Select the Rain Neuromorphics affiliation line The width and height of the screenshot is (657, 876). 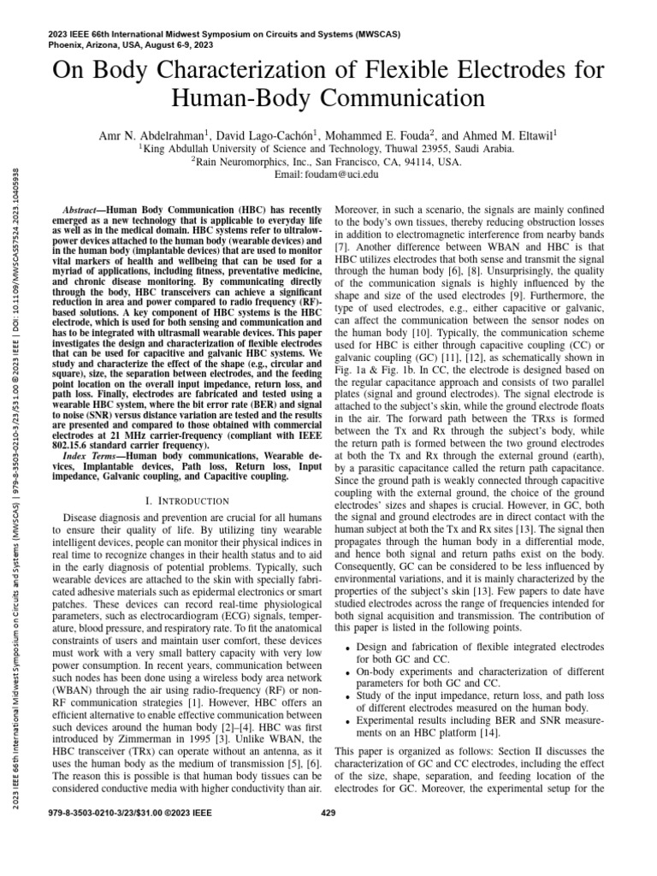(x=328, y=161)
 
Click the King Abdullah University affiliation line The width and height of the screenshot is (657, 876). (x=328, y=148)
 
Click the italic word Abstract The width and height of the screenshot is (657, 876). (x=89, y=210)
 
